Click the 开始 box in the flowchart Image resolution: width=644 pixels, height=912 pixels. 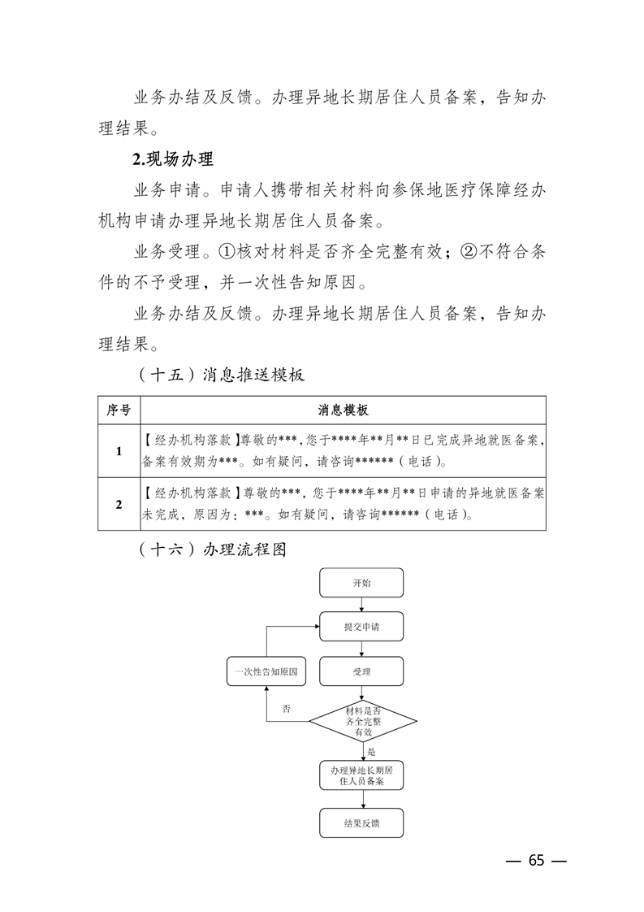pyautogui.click(x=361, y=584)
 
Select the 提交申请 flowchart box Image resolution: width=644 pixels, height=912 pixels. pyautogui.click(x=361, y=627)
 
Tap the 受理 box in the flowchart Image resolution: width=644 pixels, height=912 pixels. pyautogui.click(x=361, y=671)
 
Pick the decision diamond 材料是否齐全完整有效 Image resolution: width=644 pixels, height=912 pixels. pyautogui.click(x=362, y=720)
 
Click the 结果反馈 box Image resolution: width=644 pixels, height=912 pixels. pyautogui.click(x=361, y=823)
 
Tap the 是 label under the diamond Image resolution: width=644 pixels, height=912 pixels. pyautogui.click(x=371, y=753)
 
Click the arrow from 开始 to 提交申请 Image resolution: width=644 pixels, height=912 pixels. pyautogui.click(x=362, y=605)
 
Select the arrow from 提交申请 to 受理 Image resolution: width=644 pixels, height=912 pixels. pyautogui.click(x=362, y=649)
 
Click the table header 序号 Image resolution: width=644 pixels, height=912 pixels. pyautogui.click(x=119, y=410)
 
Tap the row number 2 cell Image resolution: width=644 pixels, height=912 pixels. pyautogui.click(x=119, y=504)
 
